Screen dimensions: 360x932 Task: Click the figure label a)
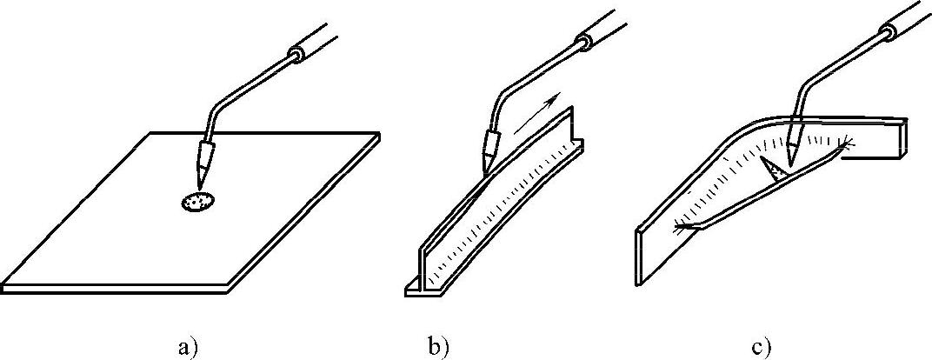[189, 346]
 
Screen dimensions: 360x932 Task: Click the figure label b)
[437, 346]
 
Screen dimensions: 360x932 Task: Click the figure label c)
[762, 346]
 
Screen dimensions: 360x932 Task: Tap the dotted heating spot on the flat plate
[197, 203]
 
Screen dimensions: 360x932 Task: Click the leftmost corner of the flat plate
[4, 283]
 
